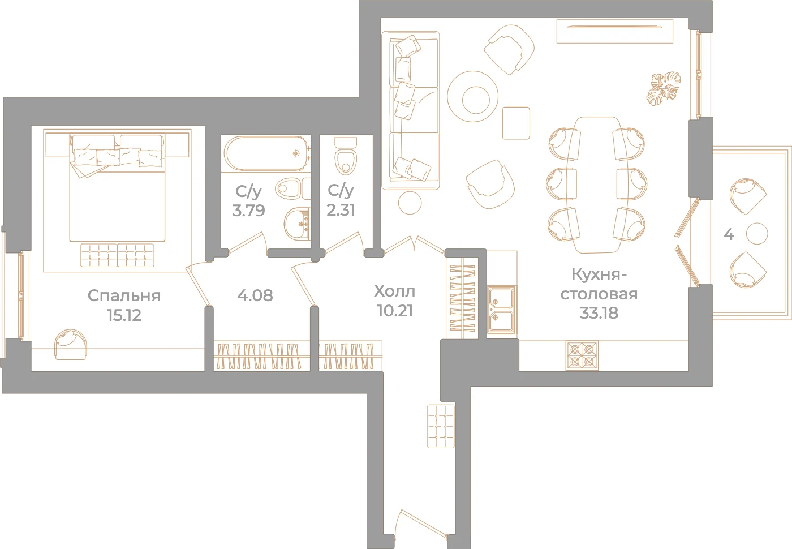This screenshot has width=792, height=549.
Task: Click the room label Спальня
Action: [124, 296]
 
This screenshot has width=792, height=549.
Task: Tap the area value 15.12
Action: [124, 315]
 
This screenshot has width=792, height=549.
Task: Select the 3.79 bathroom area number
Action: [248, 211]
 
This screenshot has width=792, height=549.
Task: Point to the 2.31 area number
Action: [341, 210]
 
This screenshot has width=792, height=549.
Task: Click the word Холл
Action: [395, 291]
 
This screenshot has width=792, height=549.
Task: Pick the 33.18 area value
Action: [599, 312]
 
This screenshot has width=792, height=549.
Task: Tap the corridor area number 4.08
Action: [255, 295]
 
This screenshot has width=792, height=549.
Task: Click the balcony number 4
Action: [729, 234]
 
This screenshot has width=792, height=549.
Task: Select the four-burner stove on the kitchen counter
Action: [582, 355]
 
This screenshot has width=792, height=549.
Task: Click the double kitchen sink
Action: [501, 310]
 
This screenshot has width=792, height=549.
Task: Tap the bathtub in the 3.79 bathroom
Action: [266, 153]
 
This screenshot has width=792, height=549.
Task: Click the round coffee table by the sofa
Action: [472, 97]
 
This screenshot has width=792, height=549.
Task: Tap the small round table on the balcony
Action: [757, 233]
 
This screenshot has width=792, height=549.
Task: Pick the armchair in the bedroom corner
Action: [71, 344]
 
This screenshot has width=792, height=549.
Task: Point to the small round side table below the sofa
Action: [410, 203]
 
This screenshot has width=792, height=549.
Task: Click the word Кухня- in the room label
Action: [599, 274]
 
